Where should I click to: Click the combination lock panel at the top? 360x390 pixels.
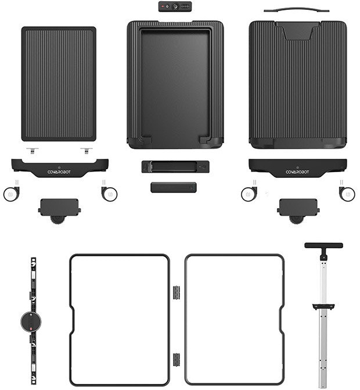pyautogui.click(x=175, y=6)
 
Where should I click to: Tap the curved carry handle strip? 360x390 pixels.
pyautogui.click(x=296, y=9)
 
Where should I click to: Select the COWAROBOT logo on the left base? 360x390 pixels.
pyautogui.click(x=59, y=172)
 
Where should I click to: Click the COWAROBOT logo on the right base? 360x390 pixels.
pyautogui.click(x=297, y=172)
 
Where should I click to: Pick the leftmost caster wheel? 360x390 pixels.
pyautogui.click(x=11, y=194)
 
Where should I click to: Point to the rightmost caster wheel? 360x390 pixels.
pyautogui.click(x=347, y=194)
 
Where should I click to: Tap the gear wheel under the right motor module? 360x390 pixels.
pyautogui.click(x=296, y=219)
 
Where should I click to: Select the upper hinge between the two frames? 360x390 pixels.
pyautogui.click(x=177, y=292)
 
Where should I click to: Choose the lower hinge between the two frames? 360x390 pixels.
pyautogui.click(x=177, y=359)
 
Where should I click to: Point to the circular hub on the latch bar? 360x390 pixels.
pyautogui.click(x=31, y=321)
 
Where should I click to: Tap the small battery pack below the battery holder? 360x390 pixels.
pyautogui.click(x=174, y=187)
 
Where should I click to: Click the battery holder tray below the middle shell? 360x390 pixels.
pyautogui.click(x=175, y=166)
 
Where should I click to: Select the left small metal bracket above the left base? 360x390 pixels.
pyautogui.click(x=33, y=150)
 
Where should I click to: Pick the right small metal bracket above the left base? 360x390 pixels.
pyautogui.click(x=86, y=150)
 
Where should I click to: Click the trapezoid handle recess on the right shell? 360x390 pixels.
pyautogui.click(x=297, y=31)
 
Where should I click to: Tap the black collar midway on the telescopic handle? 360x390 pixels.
pyautogui.click(x=323, y=306)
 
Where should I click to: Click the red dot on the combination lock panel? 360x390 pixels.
pyautogui.click(x=163, y=6)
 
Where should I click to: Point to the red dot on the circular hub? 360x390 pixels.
pyautogui.click(x=31, y=328)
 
